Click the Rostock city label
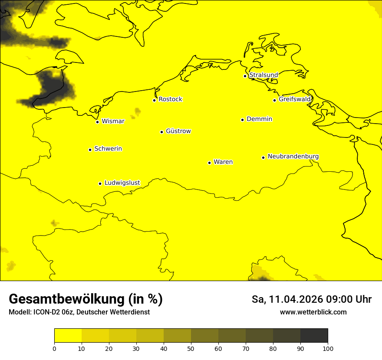[x=170, y=99]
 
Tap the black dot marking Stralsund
[x=245, y=76]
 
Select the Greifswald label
[x=295, y=99]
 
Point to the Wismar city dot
[x=98, y=122]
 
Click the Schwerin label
[x=108, y=149]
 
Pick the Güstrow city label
[x=178, y=131]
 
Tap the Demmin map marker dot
[x=242, y=120]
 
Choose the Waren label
[x=223, y=162]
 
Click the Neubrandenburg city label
[x=293, y=156]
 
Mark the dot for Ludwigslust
[x=100, y=183]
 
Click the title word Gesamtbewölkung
[x=66, y=299]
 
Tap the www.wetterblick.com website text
[x=313, y=312]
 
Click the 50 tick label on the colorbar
[x=191, y=348]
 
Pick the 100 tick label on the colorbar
[x=328, y=348]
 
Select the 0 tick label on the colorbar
[x=54, y=348]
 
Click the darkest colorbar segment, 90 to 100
[x=314, y=336]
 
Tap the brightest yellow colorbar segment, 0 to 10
[x=68, y=336]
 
